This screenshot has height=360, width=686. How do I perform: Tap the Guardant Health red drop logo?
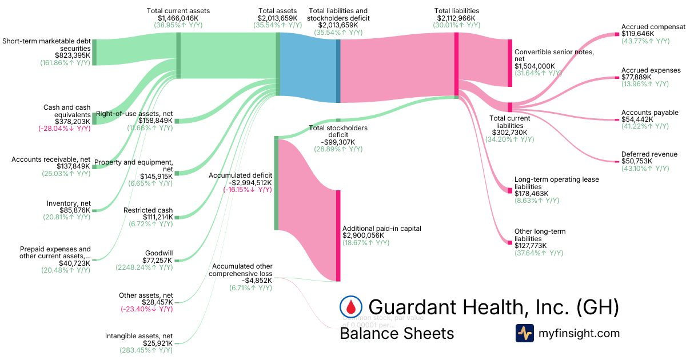point(351,307)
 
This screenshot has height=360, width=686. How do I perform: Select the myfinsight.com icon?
point(524,333)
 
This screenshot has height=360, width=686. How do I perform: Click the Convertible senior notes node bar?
point(510,63)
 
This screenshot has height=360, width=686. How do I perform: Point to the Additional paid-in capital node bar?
point(338,235)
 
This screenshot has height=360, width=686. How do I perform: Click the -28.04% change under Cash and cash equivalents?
point(64,129)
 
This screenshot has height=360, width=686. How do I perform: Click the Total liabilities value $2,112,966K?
point(457,18)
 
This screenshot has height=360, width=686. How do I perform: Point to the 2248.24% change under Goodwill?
point(144,267)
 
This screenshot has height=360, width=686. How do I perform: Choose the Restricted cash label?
point(148,210)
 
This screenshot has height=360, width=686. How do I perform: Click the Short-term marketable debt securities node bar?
point(94,53)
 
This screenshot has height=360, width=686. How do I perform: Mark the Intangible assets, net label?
point(139,336)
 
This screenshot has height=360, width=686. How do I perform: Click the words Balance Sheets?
point(397,333)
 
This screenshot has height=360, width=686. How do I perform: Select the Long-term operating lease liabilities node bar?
point(510,190)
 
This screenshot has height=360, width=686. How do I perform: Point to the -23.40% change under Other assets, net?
point(146,309)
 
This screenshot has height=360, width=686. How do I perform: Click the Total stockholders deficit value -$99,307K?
point(337,142)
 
